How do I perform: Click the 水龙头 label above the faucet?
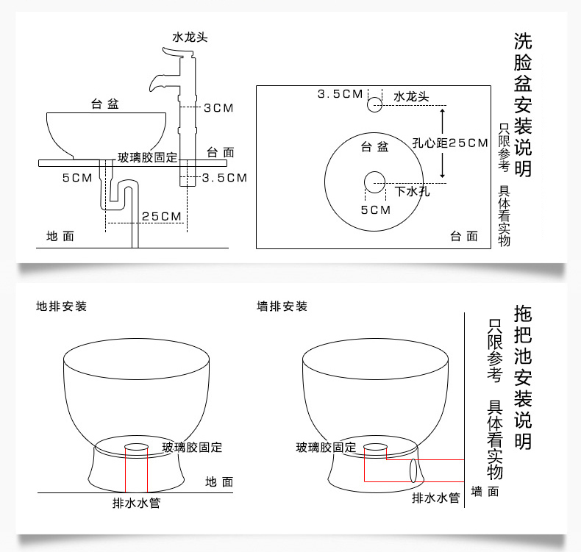click(190, 37)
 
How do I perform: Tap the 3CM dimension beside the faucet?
click(218, 108)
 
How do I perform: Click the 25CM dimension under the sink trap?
click(162, 216)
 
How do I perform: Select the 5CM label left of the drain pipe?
click(77, 178)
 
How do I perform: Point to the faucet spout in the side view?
click(160, 82)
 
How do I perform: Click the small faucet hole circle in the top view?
click(374, 105)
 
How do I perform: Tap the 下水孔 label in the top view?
click(412, 191)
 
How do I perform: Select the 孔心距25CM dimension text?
click(450, 143)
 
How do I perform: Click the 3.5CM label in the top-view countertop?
click(341, 94)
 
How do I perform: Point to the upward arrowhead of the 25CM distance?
click(442, 111)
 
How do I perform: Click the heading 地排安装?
click(62, 307)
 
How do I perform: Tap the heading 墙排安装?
click(282, 307)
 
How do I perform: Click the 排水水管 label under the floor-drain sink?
click(136, 503)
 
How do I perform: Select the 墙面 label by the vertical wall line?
click(485, 492)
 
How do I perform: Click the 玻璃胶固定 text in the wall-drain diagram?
click(326, 447)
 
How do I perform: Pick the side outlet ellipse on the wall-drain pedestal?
click(413, 470)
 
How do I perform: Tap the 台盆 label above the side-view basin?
click(105, 104)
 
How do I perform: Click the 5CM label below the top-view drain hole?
click(376, 210)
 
